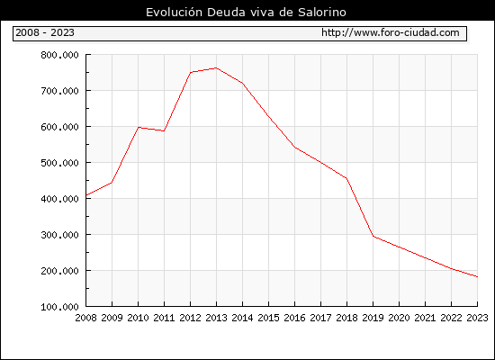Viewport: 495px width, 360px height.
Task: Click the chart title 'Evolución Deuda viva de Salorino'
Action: [246, 13]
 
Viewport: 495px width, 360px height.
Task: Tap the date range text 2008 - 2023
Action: [45, 32]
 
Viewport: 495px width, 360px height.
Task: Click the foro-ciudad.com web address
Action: [391, 32]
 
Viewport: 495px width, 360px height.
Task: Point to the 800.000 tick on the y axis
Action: [59, 55]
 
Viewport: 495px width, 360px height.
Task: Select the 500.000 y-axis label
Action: [59, 163]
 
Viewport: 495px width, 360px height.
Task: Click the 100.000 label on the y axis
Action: [59, 307]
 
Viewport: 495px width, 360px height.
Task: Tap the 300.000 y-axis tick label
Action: [59, 235]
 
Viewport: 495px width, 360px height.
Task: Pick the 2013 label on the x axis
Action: [216, 318]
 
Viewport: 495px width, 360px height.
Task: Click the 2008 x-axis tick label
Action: [85, 318]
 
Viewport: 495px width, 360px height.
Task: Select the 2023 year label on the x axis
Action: [477, 318]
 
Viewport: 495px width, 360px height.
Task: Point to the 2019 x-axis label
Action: [373, 318]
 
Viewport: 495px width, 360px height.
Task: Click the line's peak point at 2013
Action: [216, 67]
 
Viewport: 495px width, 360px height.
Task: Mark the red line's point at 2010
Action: [139, 127]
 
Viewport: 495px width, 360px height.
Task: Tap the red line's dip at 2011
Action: [164, 130]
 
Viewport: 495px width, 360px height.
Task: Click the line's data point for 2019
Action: [373, 236]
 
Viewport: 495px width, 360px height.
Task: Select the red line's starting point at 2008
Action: [86, 195]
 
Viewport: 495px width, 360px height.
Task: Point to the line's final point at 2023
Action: [477, 276]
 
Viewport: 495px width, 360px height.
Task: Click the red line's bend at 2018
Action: [346, 178]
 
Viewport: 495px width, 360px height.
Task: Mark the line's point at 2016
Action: [294, 148]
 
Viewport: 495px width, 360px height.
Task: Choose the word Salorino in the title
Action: [322, 13]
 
